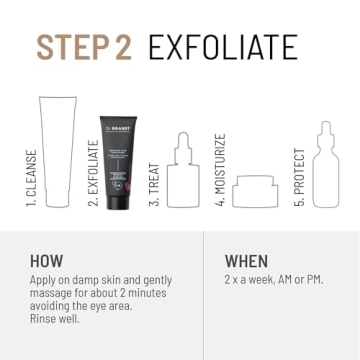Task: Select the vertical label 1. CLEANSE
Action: (33, 176)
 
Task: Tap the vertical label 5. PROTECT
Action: (297, 176)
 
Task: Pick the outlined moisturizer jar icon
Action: (254, 191)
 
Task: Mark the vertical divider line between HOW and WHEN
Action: (205, 295)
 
